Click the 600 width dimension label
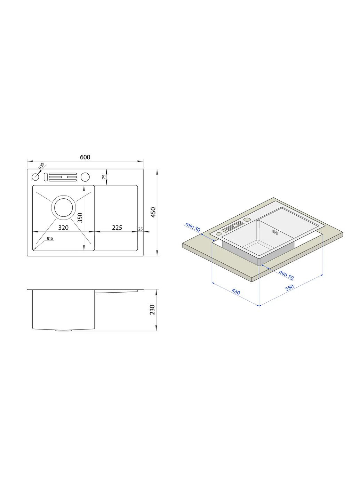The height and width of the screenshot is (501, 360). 85,157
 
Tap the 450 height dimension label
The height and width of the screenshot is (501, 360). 153,212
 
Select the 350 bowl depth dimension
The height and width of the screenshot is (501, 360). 80,218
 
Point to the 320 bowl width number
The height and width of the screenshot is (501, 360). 63,228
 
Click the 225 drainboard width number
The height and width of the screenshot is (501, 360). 117,228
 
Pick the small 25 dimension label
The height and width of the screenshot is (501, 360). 141,229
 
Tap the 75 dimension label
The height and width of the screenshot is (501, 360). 104,177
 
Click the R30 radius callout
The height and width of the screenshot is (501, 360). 41,166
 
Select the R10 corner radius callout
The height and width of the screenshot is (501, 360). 50,239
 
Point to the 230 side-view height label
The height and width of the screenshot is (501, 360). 152,310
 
